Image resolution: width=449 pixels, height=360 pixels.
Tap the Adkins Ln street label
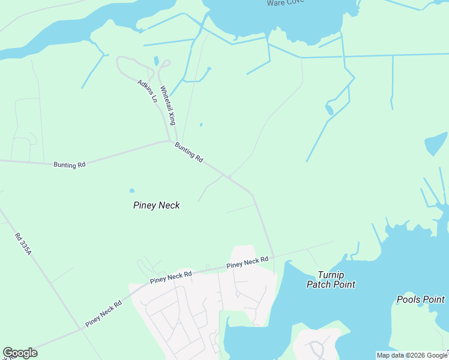click(x=147, y=91)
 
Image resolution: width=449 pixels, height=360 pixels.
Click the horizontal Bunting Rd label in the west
click(x=70, y=164)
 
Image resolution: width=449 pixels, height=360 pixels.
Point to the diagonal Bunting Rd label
click(x=189, y=152)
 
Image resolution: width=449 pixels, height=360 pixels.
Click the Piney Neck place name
click(x=156, y=205)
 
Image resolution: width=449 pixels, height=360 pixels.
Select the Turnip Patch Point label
click(x=331, y=280)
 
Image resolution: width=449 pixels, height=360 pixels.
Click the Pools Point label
click(x=420, y=299)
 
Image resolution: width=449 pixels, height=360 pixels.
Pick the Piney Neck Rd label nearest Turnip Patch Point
click(x=247, y=262)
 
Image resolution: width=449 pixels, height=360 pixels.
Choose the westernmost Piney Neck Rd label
click(x=103, y=313)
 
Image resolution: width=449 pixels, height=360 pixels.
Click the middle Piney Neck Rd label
click(x=171, y=277)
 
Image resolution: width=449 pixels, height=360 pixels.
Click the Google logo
click(x=20, y=353)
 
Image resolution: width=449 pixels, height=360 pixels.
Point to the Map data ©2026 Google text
click(x=412, y=355)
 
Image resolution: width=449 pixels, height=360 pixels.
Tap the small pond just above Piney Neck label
click(x=131, y=191)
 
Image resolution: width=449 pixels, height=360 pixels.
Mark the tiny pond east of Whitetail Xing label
click(x=200, y=125)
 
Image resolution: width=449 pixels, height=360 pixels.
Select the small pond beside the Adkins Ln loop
click(x=157, y=61)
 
